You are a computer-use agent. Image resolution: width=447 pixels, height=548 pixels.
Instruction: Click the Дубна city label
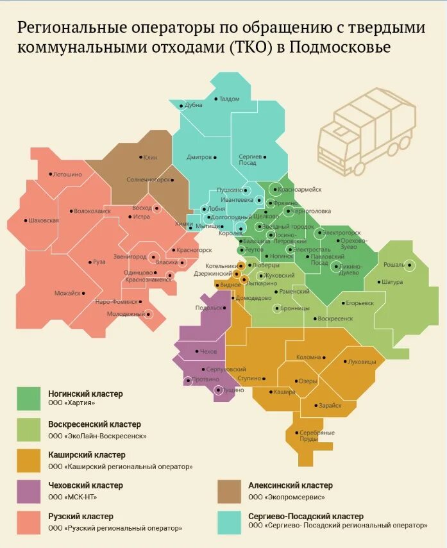click(x=194, y=106)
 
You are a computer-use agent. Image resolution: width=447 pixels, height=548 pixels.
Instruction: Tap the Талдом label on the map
click(x=229, y=99)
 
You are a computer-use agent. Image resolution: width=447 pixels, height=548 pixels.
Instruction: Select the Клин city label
click(x=151, y=157)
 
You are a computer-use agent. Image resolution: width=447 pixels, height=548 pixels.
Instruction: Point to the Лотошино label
click(x=67, y=174)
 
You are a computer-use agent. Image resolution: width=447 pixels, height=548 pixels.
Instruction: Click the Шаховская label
click(x=44, y=220)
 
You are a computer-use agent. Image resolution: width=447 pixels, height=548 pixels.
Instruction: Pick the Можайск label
click(x=67, y=293)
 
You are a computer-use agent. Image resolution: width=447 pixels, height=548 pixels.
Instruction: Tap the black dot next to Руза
click(x=90, y=262)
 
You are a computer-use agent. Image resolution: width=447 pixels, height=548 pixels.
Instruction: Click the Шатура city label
click(x=391, y=281)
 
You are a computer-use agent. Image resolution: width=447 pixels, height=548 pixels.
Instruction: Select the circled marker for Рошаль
click(x=410, y=264)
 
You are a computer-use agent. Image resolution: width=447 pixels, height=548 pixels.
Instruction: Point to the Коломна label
click(x=308, y=357)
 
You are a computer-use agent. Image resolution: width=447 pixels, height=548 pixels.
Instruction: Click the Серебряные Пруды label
click(x=317, y=435)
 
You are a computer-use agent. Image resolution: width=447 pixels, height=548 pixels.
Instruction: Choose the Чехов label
click(x=208, y=352)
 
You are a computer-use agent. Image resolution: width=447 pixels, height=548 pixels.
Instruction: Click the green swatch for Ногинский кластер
click(x=28, y=398)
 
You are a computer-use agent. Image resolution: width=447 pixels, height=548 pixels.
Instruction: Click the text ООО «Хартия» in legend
click(x=71, y=403)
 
